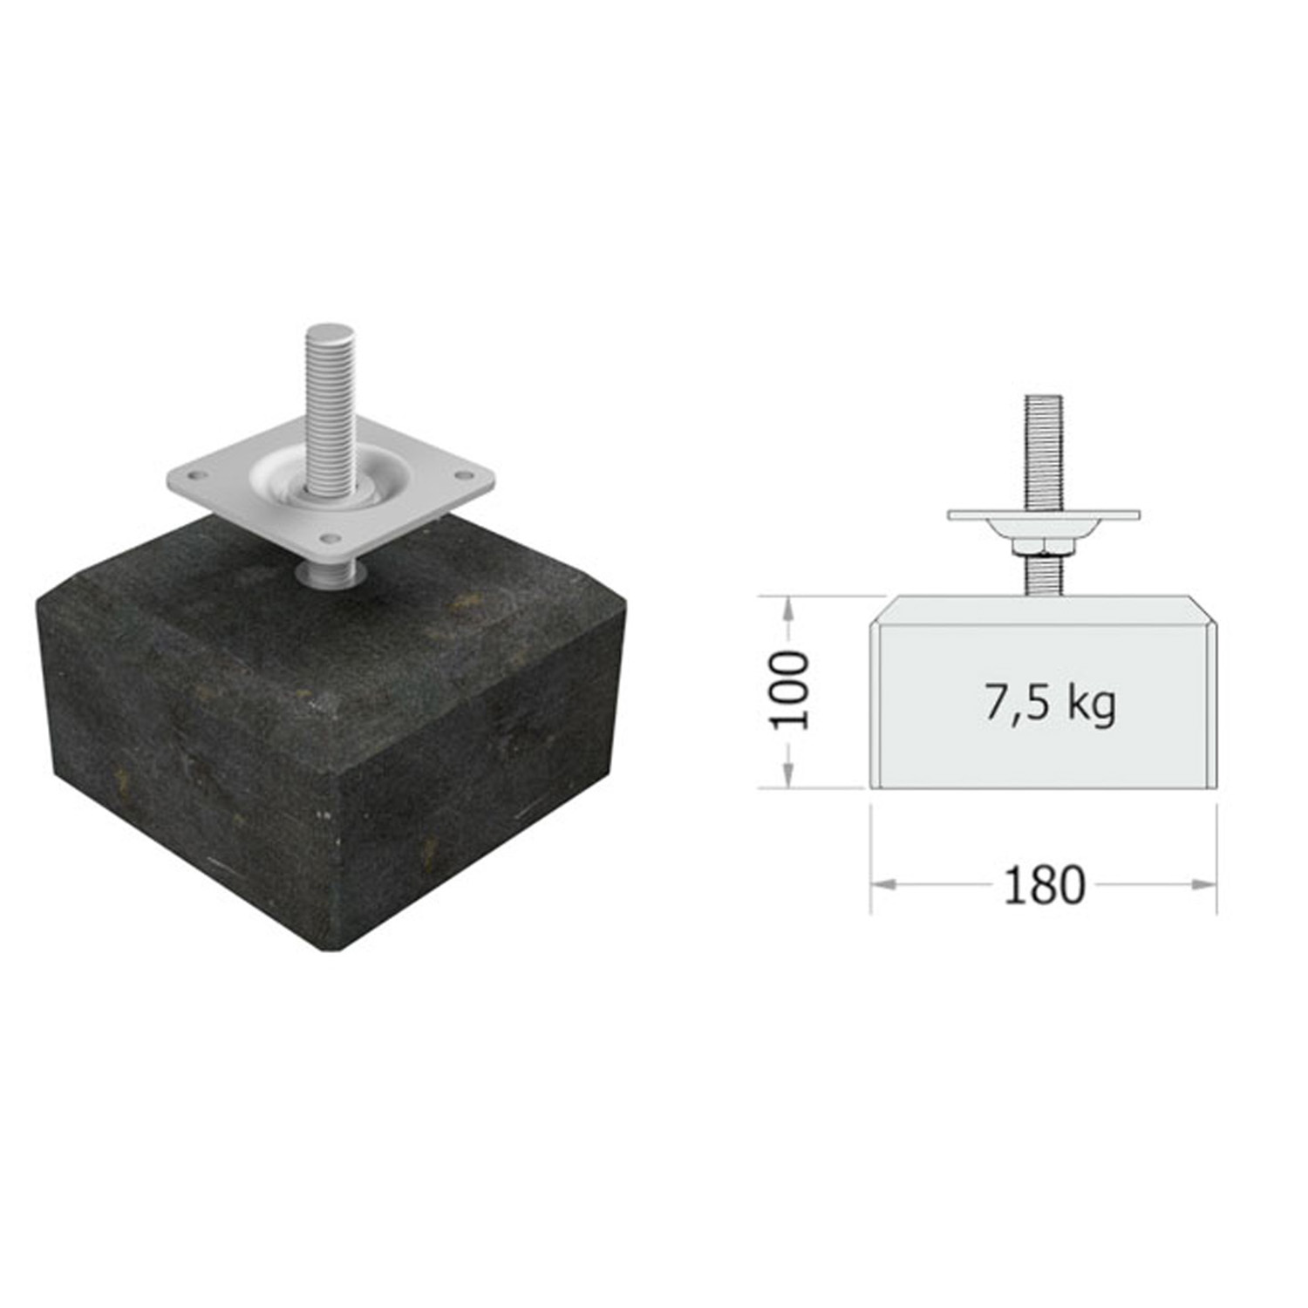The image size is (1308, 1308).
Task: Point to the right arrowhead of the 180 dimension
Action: [1203, 884]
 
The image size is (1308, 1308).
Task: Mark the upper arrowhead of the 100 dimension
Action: [788, 609]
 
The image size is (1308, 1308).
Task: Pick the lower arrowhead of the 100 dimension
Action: [788, 774]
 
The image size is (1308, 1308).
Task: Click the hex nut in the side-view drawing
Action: [1043, 546]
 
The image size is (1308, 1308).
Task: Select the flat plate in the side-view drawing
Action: [1044, 515]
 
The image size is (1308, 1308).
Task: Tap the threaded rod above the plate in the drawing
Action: [1043, 453]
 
